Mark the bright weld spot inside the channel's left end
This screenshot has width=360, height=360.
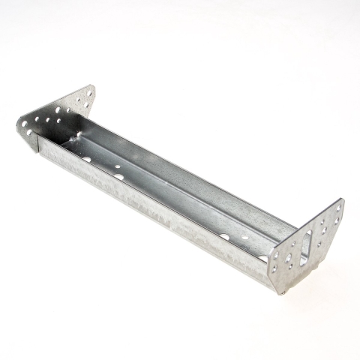[77, 136]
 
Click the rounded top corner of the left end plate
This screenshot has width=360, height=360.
[91, 88]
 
